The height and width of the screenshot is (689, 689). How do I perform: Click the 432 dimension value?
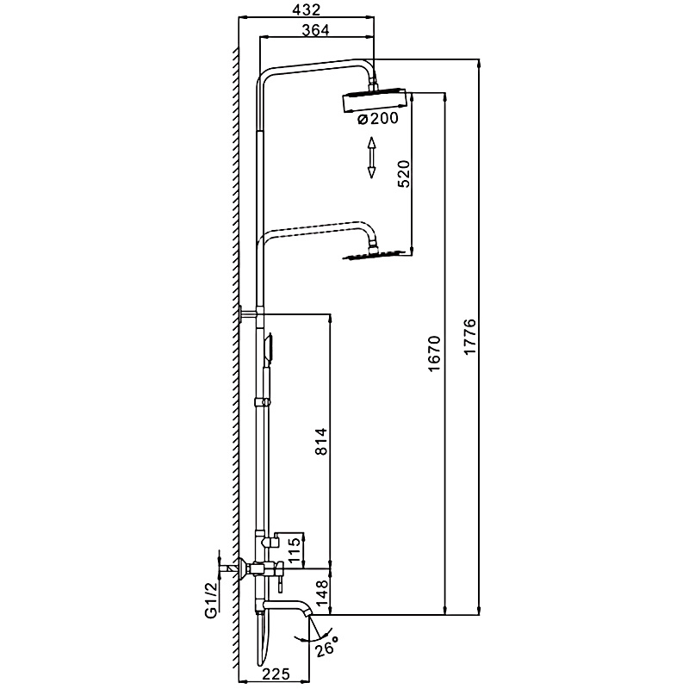pos(307,9)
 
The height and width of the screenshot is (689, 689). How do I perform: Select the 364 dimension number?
pos(315,30)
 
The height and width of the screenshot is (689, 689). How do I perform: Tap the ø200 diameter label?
pos(378,118)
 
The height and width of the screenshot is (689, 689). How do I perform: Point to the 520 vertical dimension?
pos(403,174)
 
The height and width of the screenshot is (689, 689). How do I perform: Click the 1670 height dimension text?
pos(434,354)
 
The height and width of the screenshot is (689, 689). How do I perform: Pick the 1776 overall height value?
pos(469,337)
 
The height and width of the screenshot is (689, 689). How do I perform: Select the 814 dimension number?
pos(321,441)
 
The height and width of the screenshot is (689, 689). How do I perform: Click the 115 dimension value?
pos(295,549)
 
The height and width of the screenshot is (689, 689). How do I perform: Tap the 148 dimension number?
pos(321,593)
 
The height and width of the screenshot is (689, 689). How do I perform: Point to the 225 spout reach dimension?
pos(276,673)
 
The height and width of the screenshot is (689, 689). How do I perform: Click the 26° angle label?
pos(326,646)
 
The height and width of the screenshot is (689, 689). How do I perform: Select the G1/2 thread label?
pos(211,600)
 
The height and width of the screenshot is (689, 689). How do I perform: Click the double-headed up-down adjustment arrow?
pos(372,158)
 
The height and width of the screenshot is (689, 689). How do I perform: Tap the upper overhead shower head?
pos(374,101)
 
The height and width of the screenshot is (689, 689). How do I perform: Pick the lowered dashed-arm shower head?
pos(374,255)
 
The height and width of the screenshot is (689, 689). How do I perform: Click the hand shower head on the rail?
pos(269,347)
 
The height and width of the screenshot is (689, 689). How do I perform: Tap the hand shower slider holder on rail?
pos(263,401)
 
